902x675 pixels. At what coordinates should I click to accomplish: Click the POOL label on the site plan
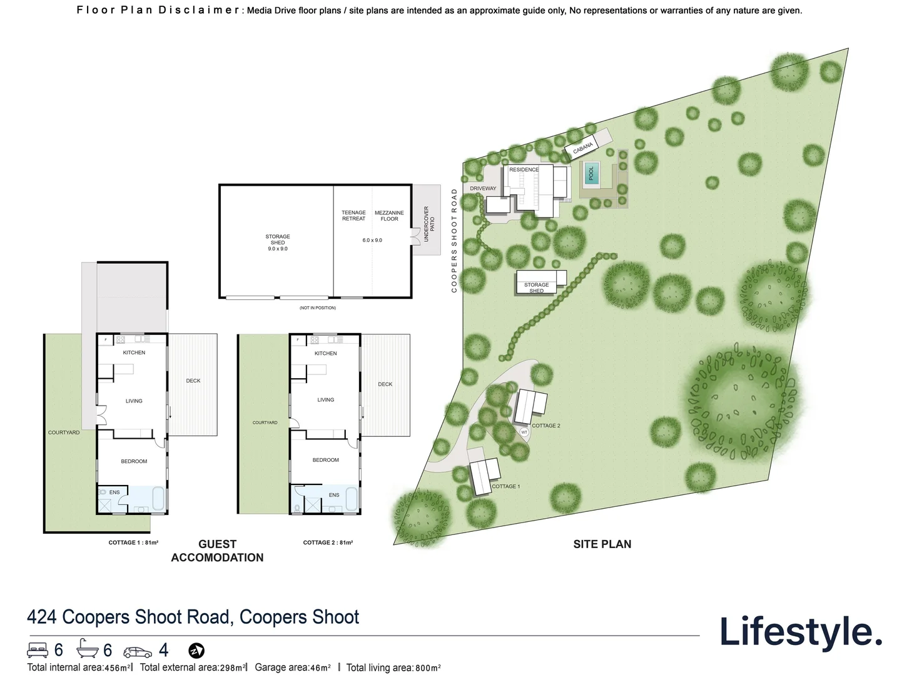[591, 173]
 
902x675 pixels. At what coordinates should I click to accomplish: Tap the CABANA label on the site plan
[583, 147]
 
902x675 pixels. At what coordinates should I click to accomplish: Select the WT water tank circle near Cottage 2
[524, 432]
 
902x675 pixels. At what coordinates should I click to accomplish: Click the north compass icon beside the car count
[196, 651]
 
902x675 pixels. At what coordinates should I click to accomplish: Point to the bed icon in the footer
[38, 650]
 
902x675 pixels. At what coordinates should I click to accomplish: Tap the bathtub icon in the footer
[88, 649]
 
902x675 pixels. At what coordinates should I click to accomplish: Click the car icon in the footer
[138, 652]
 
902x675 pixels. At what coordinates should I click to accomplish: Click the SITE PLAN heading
[602, 544]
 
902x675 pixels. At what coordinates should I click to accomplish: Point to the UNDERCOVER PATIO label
[428, 224]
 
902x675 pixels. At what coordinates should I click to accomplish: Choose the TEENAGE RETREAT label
[353, 216]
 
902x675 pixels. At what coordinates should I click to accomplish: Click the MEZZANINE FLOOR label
[389, 216]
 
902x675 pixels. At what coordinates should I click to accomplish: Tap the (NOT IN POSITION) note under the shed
[318, 307]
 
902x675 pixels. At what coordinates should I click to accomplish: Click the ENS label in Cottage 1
[114, 492]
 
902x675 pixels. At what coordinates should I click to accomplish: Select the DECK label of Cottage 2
[385, 384]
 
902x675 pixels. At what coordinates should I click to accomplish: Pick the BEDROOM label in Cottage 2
[325, 460]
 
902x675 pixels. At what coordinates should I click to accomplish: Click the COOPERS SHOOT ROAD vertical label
[454, 241]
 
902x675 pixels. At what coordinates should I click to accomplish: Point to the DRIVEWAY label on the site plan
[483, 189]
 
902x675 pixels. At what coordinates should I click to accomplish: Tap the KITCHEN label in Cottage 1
[134, 352]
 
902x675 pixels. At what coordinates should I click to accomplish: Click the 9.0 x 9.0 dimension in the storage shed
[278, 249]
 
